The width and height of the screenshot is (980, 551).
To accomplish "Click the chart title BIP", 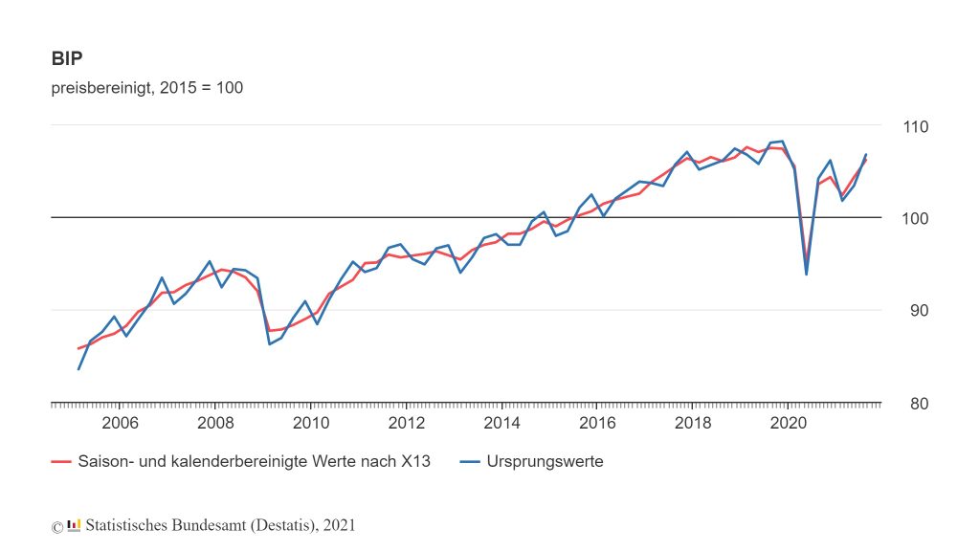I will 67,58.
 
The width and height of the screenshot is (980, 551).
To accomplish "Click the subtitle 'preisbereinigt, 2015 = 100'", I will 147,88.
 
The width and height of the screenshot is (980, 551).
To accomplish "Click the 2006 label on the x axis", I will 120,422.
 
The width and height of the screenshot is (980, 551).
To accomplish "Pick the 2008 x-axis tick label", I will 215,422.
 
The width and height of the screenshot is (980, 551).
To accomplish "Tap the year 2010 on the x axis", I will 310,422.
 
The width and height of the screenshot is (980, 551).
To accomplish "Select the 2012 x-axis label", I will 406,422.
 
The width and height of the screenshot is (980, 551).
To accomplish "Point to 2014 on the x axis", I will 501,422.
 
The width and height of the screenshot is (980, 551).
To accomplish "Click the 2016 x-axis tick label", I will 596,422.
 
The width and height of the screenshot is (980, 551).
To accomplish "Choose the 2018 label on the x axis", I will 692,422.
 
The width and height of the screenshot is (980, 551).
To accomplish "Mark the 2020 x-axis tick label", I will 788,422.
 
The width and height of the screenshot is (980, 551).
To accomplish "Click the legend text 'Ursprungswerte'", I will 545,462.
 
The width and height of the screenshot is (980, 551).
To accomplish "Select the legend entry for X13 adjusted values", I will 254,462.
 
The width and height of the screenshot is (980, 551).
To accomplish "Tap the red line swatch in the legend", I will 61,462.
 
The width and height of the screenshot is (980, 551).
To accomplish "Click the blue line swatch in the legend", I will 468,462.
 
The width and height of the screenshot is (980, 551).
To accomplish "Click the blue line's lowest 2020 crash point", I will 806,275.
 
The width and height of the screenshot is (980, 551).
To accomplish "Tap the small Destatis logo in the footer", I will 74,525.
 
